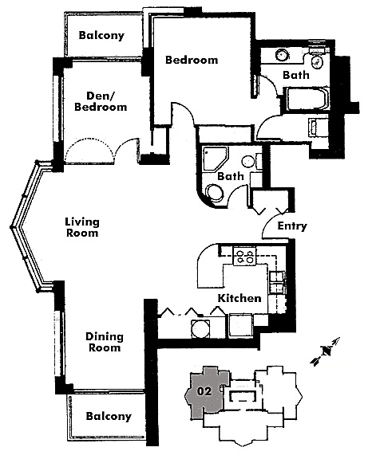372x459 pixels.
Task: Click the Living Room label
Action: click(82, 227)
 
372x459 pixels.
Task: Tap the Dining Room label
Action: click(105, 342)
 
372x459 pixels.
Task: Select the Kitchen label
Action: click(239, 298)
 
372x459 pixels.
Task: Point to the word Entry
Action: click(292, 226)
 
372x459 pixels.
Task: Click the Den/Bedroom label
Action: click(101, 101)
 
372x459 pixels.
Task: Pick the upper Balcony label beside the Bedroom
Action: click(101, 35)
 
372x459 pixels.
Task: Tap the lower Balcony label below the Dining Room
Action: click(109, 416)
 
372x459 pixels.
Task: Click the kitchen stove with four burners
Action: click(244, 256)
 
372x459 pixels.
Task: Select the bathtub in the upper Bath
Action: click(307, 99)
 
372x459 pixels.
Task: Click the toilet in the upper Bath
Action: click(317, 58)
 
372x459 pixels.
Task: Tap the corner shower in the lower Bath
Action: click(215, 158)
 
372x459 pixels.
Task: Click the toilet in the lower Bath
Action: click(216, 193)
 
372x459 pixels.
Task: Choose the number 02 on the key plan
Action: click(204, 391)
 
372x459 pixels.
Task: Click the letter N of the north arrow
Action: click(326, 351)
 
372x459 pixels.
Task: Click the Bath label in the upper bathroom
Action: click(296, 75)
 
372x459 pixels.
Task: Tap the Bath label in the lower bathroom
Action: click(231, 176)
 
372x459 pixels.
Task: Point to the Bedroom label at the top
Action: click(192, 60)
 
